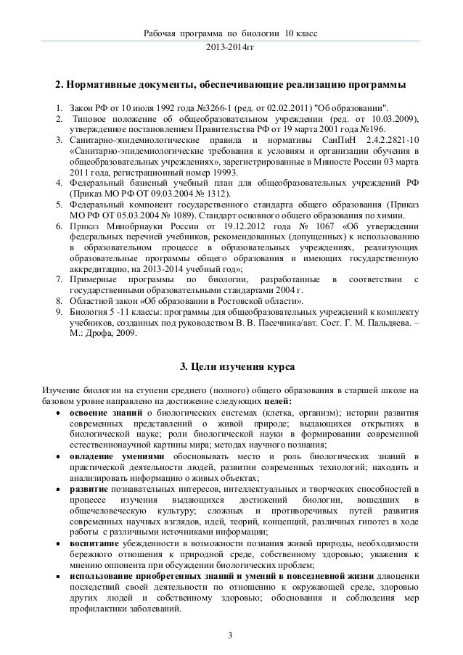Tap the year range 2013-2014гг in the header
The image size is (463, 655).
pos(231,49)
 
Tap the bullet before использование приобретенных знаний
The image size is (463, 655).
pos(56,577)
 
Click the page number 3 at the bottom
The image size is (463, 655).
pos(230,637)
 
